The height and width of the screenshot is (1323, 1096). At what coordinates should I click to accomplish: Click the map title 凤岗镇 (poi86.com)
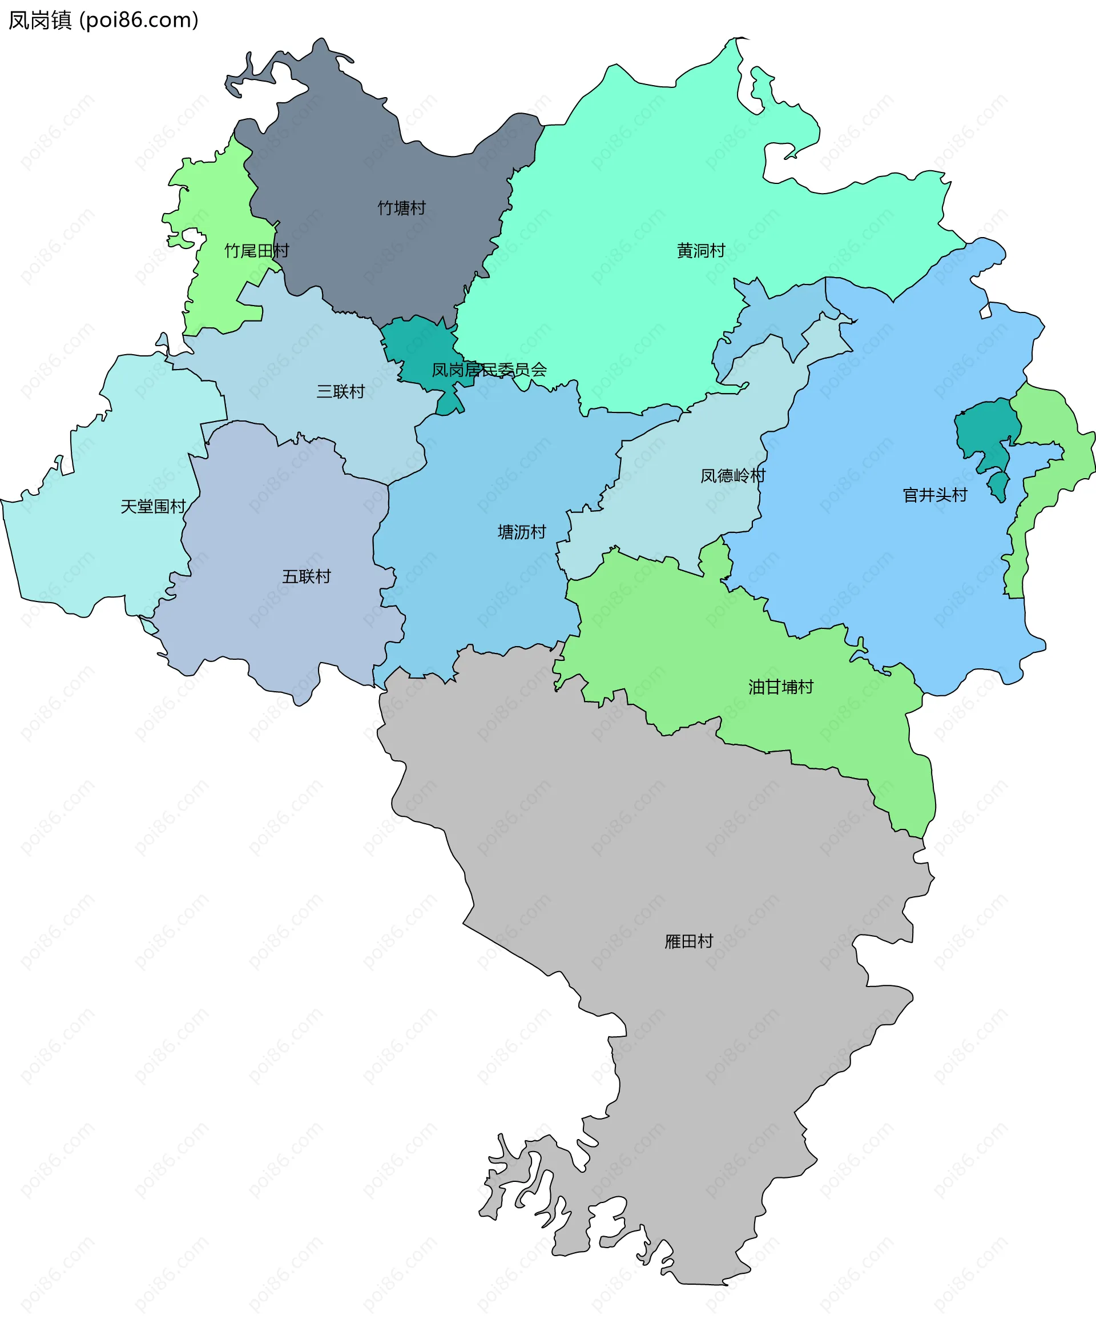point(103,20)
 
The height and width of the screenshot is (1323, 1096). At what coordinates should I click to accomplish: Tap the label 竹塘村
point(402,208)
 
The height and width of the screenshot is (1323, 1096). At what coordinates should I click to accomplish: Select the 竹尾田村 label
point(257,251)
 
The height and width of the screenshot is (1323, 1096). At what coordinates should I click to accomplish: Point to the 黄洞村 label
point(700,251)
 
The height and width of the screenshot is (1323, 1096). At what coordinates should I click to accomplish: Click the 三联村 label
point(341,391)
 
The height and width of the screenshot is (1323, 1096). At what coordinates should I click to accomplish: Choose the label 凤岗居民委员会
point(489,370)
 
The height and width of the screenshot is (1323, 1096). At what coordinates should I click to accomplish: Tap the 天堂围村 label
point(153,507)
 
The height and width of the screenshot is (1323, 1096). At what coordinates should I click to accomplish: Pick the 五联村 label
point(307,576)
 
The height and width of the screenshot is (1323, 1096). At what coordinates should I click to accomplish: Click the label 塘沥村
point(522,532)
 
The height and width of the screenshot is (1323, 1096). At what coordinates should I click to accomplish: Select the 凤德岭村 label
point(734,476)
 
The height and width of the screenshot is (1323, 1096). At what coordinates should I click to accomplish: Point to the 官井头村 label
point(935,495)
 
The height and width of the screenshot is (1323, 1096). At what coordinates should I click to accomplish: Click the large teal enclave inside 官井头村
point(985,428)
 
